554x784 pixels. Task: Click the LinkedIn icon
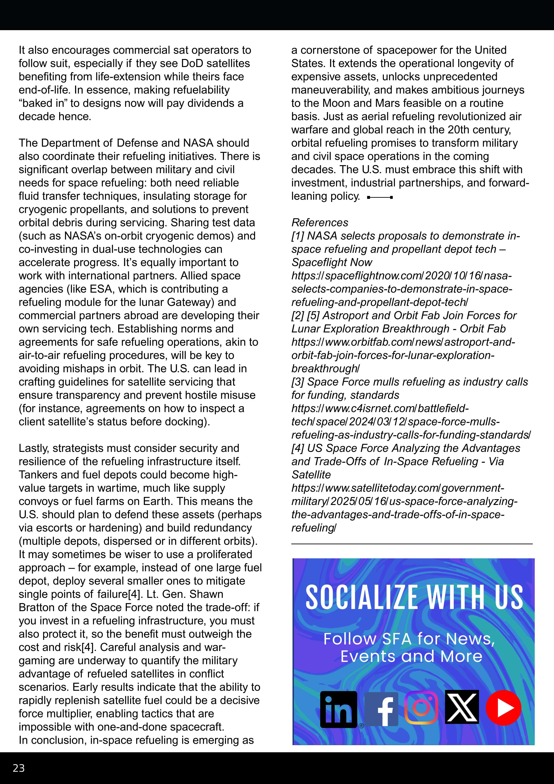coord(338,709)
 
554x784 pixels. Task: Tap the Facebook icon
coord(382,709)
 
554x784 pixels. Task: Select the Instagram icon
coord(421,708)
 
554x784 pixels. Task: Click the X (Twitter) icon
coord(462,707)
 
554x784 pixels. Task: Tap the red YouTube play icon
coord(503,708)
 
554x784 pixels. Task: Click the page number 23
coord(19,768)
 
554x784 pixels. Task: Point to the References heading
coord(320,223)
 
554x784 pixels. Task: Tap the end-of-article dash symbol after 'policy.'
coord(380,197)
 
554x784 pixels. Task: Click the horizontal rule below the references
coord(412,544)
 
